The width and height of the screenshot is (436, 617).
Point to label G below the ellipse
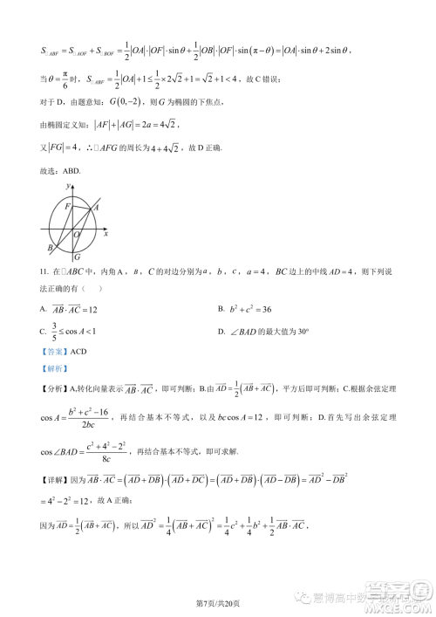coord(78,257)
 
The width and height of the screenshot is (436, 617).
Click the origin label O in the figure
coord(77,235)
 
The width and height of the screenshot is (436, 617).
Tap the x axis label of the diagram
coord(106,234)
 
